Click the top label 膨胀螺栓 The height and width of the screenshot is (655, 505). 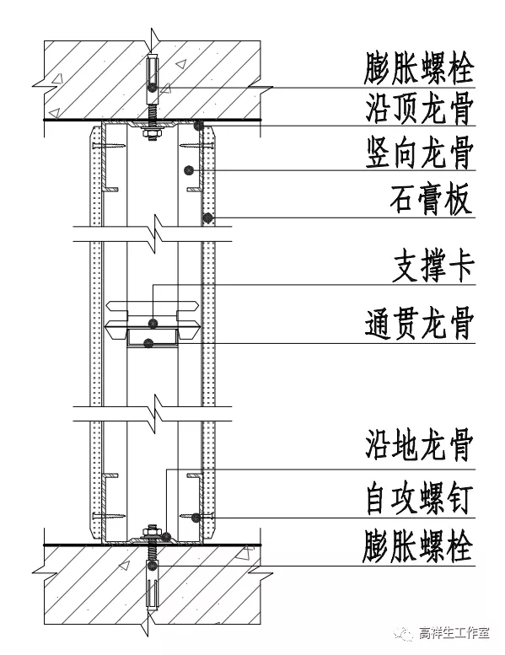coord(418,68)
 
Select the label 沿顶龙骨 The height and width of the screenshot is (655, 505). coord(419,108)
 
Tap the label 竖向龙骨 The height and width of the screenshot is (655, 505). coord(419,153)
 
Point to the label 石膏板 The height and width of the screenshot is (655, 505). coord(432,199)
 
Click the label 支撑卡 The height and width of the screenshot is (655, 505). coord(433,266)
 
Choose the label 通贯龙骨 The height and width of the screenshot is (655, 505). coord(419,324)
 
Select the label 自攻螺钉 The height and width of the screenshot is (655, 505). coord(419,499)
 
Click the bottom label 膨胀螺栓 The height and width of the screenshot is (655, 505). coord(417,546)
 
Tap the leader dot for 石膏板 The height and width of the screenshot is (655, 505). coord(207,217)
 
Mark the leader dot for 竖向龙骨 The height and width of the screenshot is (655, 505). coord(190,170)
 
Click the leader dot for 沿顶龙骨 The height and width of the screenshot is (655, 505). coord(198,125)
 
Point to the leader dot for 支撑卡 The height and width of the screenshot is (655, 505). coord(153,323)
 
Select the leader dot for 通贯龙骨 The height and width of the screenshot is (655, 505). coord(148,343)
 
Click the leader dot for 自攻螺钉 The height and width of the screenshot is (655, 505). coord(196,518)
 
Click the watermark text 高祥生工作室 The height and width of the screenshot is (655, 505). coord(454,633)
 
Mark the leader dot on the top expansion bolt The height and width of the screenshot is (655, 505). coord(152,88)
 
